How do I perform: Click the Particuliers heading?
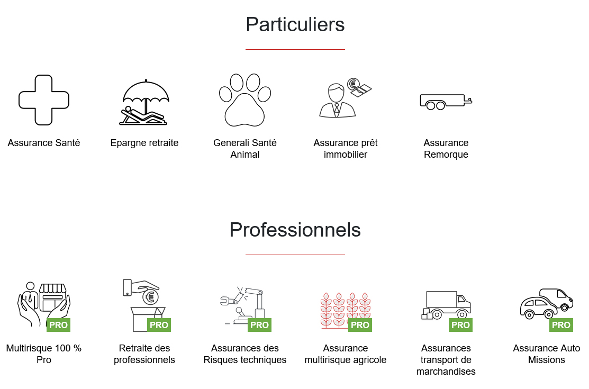pos(295,25)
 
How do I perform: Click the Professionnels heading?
pos(295,230)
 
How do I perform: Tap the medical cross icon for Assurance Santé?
pos(44,100)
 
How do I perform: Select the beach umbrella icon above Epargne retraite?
pos(145,102)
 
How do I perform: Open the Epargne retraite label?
pos(144,143)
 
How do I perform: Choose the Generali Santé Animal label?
pos(245,149)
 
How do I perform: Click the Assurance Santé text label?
pos(44,143)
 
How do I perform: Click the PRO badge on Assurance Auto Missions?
pos(561,325)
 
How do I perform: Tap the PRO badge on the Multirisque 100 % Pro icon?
pos(58,325)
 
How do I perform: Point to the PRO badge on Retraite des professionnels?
pos(159,325)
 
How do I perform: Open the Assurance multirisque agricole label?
pos(346,354)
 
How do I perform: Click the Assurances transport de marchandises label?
pos(446,360)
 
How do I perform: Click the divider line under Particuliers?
pos(295,49)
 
